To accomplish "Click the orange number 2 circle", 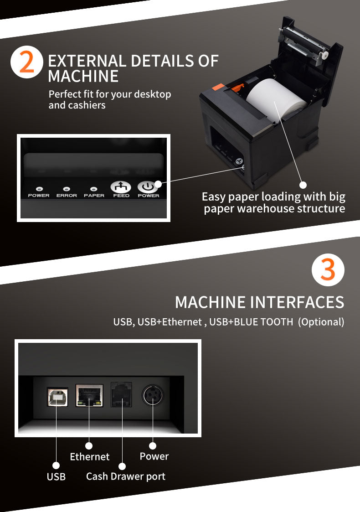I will point(26,62).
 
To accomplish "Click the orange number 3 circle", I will point(328,270).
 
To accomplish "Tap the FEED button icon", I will point(121,187).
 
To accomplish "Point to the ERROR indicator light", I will point(67,188).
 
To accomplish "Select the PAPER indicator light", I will point(94,188).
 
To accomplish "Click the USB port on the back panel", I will point(57,397).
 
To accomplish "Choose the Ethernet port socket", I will point(89,395).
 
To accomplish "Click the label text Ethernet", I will point(89,457).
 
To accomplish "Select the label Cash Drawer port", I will point(125,476).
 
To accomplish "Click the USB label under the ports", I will point(56,477).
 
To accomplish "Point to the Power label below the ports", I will point(154,456).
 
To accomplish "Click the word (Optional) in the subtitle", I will point(321,322).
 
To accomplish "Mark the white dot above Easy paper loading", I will point(303,185).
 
